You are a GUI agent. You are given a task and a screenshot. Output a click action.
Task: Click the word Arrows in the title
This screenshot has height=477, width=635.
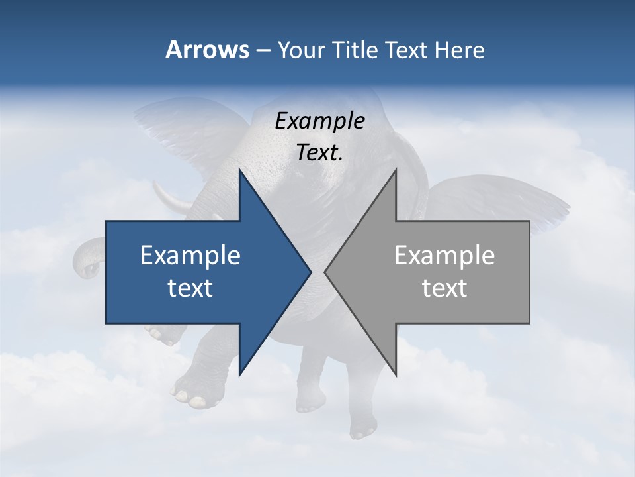coord(206,50)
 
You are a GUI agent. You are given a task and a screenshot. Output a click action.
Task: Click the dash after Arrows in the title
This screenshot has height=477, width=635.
coord(262,50)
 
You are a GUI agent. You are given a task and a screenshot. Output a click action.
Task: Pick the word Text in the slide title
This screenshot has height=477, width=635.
coord(406,50)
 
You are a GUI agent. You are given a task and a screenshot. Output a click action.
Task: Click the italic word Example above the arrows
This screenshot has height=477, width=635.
coord(319,121)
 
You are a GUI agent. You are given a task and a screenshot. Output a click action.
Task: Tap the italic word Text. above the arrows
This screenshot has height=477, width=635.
coord(319,152)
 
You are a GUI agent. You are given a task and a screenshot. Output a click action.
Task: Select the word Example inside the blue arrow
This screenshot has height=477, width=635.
coord(190,256)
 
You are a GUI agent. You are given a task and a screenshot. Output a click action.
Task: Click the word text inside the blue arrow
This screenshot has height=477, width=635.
coord(190,288)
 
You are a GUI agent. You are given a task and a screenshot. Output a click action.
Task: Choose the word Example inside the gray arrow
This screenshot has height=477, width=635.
coord(444,256)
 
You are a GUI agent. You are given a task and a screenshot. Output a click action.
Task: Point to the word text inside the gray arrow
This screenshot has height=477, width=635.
coord(444,288)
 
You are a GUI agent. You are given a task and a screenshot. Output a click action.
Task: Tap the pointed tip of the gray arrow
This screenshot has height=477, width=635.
coord(325,272)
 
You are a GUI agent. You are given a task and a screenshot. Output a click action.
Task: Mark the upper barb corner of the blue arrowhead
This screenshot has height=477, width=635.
coord(239,170)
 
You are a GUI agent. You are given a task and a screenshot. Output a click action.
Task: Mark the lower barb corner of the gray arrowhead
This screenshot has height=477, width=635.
coord(396,374)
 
